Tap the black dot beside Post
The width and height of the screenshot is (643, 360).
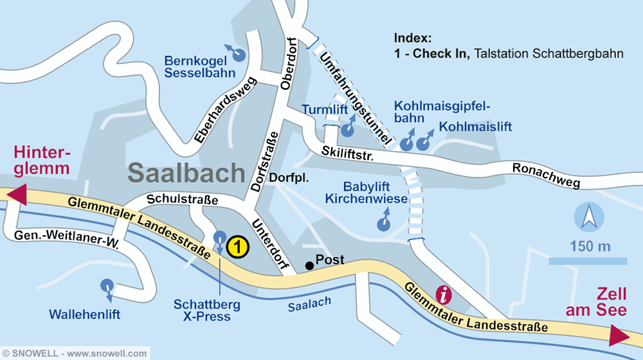tap(309, 265)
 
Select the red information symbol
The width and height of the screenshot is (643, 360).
tap(444, 294)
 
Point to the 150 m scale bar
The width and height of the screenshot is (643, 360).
tap(587, 260)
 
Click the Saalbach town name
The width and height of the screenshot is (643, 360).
tap(186, 172)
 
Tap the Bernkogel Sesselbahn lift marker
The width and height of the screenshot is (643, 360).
tap(239, 55)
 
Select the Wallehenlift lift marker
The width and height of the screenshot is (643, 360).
tap(107, 285)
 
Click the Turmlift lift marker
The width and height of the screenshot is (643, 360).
tap(347, 130)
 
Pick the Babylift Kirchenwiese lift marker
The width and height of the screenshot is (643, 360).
tap(383, 223)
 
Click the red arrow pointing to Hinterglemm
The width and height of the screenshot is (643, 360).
tap(17, 194)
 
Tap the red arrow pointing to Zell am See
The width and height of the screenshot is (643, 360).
tap(619, 336)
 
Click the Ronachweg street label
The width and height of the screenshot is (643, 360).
tap(546, 175)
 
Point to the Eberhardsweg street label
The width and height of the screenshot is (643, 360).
tap(226, 110)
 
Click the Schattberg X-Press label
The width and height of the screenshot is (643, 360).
tap(206, 309)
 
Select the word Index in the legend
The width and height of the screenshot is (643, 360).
tap(413, 38)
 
